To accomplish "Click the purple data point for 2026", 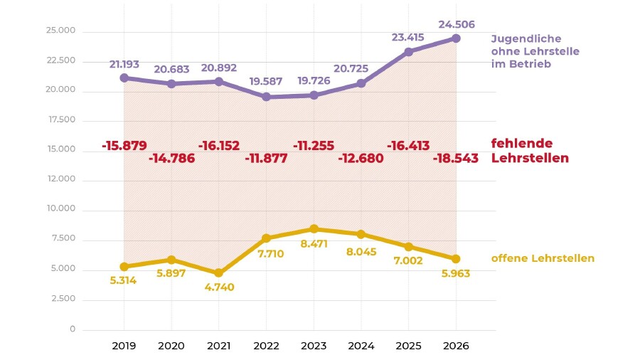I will pos(456,38).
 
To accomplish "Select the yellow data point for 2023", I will pos(314,229).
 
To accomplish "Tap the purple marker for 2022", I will pos(266,97).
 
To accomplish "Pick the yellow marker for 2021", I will pos(219,273).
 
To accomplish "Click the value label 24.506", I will pos(456,24).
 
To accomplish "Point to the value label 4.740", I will pos(219,287).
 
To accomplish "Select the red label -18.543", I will pos(456,158).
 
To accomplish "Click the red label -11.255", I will pos(314,146).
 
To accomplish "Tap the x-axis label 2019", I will pos(124,346).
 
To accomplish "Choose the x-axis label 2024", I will pos(361,346).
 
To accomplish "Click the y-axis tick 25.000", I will pos(60,31).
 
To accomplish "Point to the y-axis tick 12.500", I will pos(60,180).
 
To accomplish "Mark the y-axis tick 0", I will pos(72,329).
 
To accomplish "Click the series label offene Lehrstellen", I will pos(543,258).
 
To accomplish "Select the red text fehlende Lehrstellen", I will pos(530,151).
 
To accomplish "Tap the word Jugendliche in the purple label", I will pos(526,38).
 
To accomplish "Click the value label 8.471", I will pos(314,243).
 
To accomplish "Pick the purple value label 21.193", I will pos(124,64).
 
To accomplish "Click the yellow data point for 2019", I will pos(124,267).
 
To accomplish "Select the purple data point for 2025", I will pos(408,52).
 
